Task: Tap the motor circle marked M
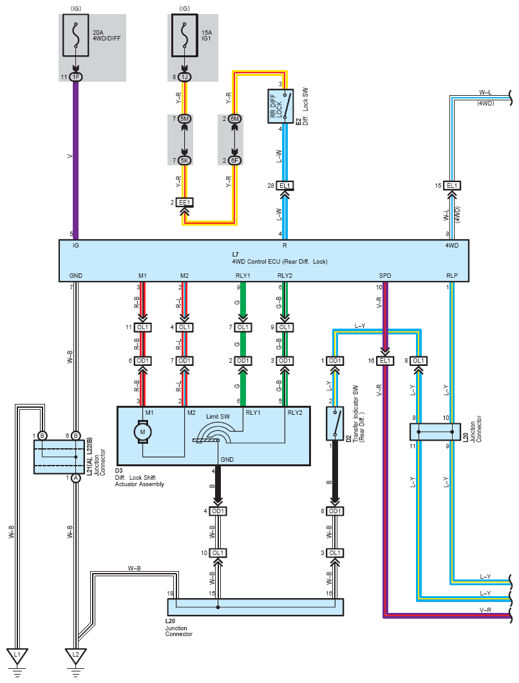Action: (142, 432)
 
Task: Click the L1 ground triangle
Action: (17, 657)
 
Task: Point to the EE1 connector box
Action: (185, 202)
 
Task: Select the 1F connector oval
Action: (76, 77)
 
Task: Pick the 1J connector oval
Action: (185, 77)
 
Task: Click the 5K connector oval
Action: (185, 160)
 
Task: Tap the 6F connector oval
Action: (234, 160)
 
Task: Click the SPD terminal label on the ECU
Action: (384, 275)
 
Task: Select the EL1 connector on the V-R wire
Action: (385, 361)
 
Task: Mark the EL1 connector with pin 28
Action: (285, 186)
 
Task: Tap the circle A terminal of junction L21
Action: (76, 478)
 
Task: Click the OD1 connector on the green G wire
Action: (243, 361)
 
